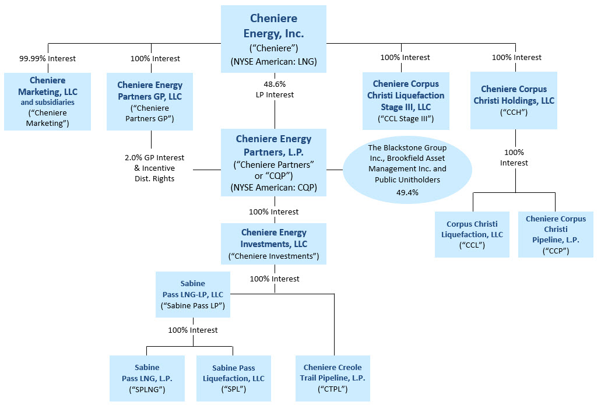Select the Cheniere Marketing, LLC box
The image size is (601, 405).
tap(47, 101)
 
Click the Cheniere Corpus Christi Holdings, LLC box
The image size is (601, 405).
tap(514, 100)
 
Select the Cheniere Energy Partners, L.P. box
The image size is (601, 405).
tap(273, 163)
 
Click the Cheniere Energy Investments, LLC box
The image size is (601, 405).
tap(273, 244)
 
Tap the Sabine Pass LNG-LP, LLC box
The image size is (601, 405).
tap(192, 294)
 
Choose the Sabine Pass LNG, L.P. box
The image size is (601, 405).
tap(147, 378)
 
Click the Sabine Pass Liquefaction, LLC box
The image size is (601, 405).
tap(233, 378)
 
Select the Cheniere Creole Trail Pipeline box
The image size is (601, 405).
tap(332, 378)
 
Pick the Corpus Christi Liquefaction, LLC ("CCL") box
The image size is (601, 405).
tap(472, 234)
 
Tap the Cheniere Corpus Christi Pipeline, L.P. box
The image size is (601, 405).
tap(556, 234)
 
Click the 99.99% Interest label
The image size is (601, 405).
tap(47, 58)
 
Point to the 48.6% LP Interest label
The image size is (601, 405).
tap(275, 89)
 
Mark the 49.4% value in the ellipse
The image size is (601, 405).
tap(407, 192)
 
